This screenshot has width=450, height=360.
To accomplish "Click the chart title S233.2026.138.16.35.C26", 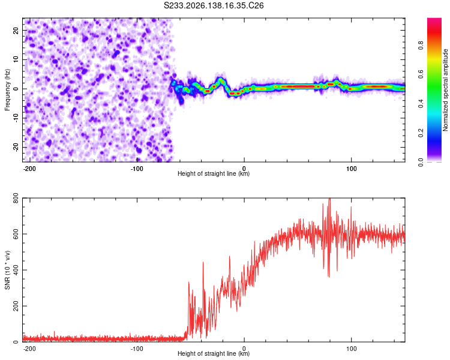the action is pos(214,5).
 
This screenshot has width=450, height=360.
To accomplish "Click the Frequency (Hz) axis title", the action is pos(7,89).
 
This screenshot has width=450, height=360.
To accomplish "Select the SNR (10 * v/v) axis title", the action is pos(7,270).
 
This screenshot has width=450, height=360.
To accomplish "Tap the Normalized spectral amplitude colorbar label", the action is pos(445,90).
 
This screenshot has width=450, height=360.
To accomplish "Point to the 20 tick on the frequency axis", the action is pos(16,30).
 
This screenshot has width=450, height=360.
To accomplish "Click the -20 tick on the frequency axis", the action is pos(16,147).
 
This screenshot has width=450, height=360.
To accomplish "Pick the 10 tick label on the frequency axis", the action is pos(16,59).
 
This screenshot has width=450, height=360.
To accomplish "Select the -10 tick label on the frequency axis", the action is pos(16,118).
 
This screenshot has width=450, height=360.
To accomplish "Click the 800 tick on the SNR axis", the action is pos(16,198).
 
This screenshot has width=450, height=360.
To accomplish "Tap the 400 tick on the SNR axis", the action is pos(16,270).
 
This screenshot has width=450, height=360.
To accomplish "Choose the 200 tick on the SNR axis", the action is pos(16,306).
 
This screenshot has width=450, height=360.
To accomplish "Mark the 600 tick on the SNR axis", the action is pos(16,234).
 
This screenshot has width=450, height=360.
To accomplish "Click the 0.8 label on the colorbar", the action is pos(421,46).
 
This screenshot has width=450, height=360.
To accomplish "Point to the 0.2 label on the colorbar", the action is pos(421,133).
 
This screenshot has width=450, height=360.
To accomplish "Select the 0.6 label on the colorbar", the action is pos(421,74).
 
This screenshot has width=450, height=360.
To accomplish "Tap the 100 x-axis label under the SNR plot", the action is pos(351,349).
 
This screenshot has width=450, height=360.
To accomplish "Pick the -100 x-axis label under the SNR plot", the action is pos(137,349).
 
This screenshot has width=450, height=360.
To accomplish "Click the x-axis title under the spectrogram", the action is pos(214,173).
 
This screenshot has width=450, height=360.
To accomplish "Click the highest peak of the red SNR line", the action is pos(329,199).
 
